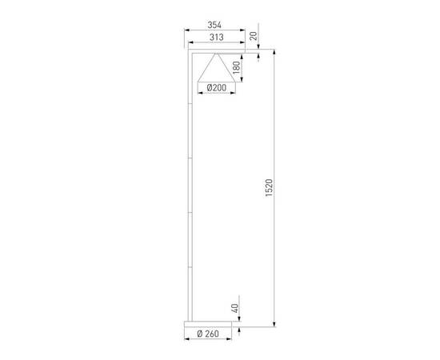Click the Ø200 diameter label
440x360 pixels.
pos(215,88)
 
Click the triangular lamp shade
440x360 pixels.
pos(215,69)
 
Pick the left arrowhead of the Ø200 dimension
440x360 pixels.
pos(198,94)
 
